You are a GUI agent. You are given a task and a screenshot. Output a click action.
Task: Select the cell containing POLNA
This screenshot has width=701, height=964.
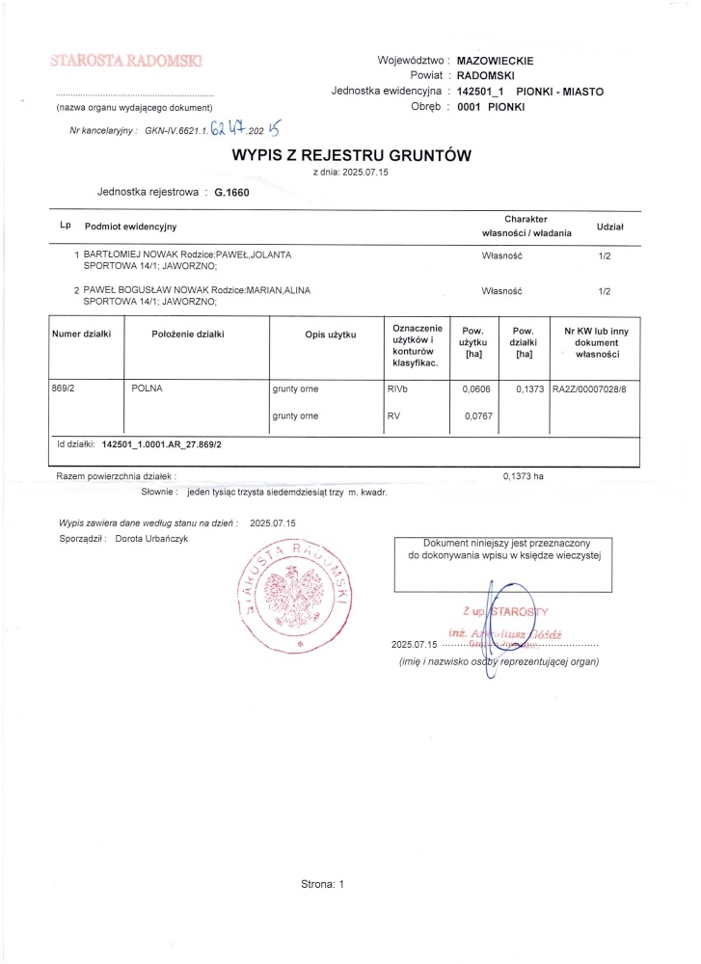147,388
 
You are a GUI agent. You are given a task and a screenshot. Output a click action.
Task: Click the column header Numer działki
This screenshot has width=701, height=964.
82,335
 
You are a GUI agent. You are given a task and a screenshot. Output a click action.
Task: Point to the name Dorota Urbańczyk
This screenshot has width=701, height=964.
150,538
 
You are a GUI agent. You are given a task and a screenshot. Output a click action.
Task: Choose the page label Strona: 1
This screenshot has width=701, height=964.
323,883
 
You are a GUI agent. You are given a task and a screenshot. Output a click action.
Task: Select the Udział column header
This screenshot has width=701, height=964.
610,226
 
